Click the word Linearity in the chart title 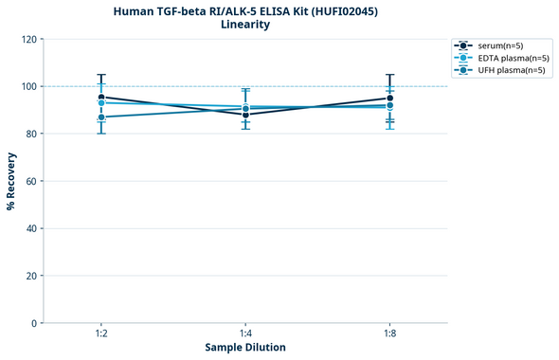[x=244, y=25]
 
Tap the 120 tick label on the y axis [x=28, y=40]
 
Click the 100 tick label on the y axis [x=28, y=87]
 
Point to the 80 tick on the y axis [x=31, y=135]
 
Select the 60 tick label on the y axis [x=31, y=181]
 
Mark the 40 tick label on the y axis [x=31, y=228]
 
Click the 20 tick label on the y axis [x=31, y=276]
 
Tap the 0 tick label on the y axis [x=34, y=323]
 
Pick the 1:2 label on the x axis [x=100, y=334]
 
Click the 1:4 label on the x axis [x=245, y=334]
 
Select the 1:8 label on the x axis [x=389, y=334]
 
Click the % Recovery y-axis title [x=11, y=181]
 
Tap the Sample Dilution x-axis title [x=245, y=348]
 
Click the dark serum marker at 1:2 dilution [x=101, y=98]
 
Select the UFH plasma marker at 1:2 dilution [x=101, y=117]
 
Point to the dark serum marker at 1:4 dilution [x=245, y=115]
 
